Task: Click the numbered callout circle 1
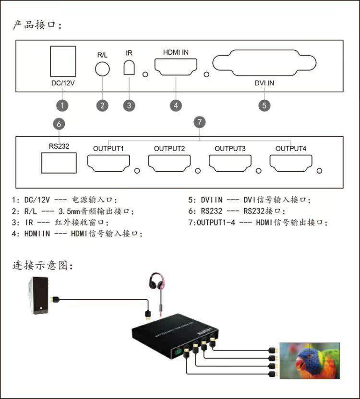pos(62,106)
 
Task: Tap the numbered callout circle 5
pos(264,106)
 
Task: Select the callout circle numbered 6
pos(59,124)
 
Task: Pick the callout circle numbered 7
pos(200,122)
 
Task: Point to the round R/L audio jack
pos(102,69)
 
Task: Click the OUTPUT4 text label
pos(291,149)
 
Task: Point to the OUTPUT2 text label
pos(169,149)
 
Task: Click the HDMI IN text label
pos(176,52)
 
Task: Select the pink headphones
pos(157,281)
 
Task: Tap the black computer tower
pos(39,296)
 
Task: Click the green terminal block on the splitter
pos(178,352)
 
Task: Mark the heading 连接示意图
pos(43,265)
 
